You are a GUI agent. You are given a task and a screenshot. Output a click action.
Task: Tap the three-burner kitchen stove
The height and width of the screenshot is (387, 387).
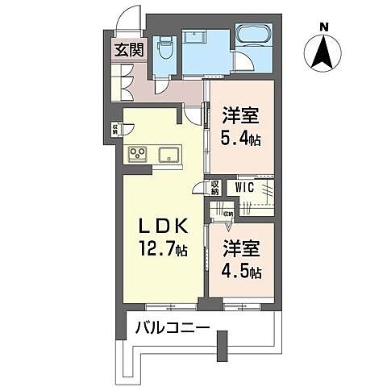137,154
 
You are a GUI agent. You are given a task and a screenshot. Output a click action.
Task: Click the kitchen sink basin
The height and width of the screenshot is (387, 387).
170,154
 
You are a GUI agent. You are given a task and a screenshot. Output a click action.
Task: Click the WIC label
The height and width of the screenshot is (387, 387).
245,187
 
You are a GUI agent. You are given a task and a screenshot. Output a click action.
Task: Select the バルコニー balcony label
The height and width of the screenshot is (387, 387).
172,328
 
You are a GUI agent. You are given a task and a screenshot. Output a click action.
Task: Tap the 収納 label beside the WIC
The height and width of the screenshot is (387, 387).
215,188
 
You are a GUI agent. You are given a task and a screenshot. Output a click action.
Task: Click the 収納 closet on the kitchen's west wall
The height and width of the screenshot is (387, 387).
116,128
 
